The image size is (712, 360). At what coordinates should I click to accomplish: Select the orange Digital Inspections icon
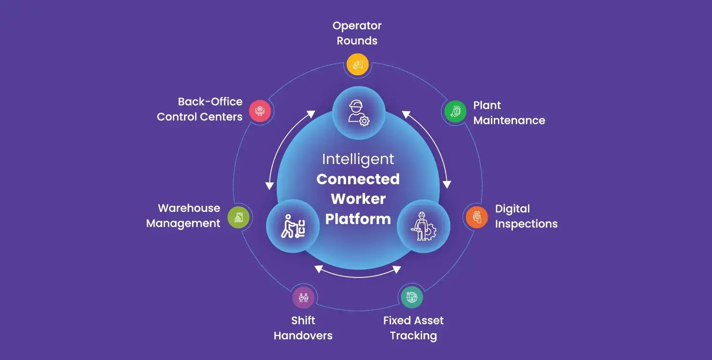coord(476,217)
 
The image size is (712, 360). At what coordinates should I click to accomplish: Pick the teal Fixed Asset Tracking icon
coord(412,297)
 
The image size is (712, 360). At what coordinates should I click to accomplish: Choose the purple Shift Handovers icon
coord(303,297)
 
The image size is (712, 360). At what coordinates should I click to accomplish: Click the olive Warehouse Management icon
coord(238,217)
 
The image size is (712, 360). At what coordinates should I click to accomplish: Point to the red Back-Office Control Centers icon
coord(260,112)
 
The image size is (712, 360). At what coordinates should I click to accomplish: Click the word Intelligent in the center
coord(358,159)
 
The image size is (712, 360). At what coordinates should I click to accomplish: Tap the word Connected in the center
coord(358,179)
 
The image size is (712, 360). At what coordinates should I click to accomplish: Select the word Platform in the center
coord(358,219)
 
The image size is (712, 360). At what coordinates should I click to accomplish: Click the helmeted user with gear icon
coord(358,113)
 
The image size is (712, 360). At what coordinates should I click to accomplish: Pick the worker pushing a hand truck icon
coord(293,226)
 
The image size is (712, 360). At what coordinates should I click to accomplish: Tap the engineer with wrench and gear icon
coord(423,226)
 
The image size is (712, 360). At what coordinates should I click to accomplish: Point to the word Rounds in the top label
coord(357,41)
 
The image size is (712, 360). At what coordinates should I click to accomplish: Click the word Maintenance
coord(509,120)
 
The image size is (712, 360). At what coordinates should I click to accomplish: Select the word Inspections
coord(526,224)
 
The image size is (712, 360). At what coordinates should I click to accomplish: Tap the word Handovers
coord(303,336)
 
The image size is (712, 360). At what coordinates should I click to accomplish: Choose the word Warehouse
coord(189,208)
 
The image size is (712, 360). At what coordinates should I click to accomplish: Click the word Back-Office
coord(210,102)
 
